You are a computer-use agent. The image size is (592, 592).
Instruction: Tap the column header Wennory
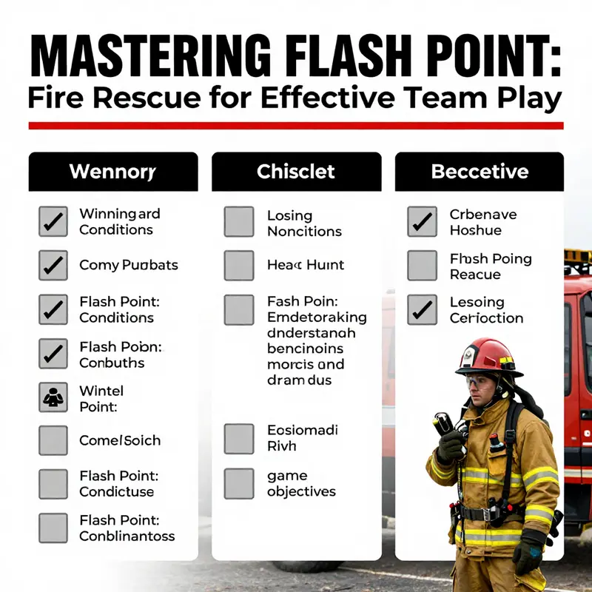tap(112, 172)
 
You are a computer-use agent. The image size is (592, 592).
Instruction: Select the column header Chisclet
tap(296, 172)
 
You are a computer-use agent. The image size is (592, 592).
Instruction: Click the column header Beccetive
tap(480, 172)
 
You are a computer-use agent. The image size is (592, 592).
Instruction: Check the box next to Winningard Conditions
tap(53, 221)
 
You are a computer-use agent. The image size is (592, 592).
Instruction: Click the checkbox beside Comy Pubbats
tap(53, 265)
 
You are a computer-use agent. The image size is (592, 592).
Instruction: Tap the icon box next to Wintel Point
tap(53, 397)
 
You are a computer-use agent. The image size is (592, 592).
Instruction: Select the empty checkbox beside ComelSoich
tap(53, 440)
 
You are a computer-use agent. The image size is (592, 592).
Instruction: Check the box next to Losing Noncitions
tap(239, 222)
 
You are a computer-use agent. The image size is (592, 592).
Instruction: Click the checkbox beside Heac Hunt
tap(239, 265)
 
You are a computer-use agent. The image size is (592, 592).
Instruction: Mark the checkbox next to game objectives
tap(239, 482)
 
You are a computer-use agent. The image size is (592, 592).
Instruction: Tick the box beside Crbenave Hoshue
tap(422, 222)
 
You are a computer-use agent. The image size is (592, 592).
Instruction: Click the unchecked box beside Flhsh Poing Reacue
tap(422, 266)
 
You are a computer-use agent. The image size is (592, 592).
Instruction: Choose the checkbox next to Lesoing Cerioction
tap(422, 309)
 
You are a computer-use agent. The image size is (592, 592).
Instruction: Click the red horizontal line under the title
tap(296, 126)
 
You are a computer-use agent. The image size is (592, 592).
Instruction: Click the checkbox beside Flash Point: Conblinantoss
tap(53, 528)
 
